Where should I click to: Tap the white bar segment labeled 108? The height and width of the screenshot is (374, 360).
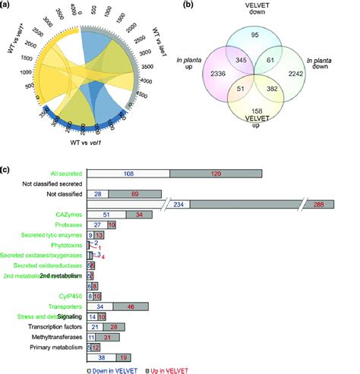click(128, 174)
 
